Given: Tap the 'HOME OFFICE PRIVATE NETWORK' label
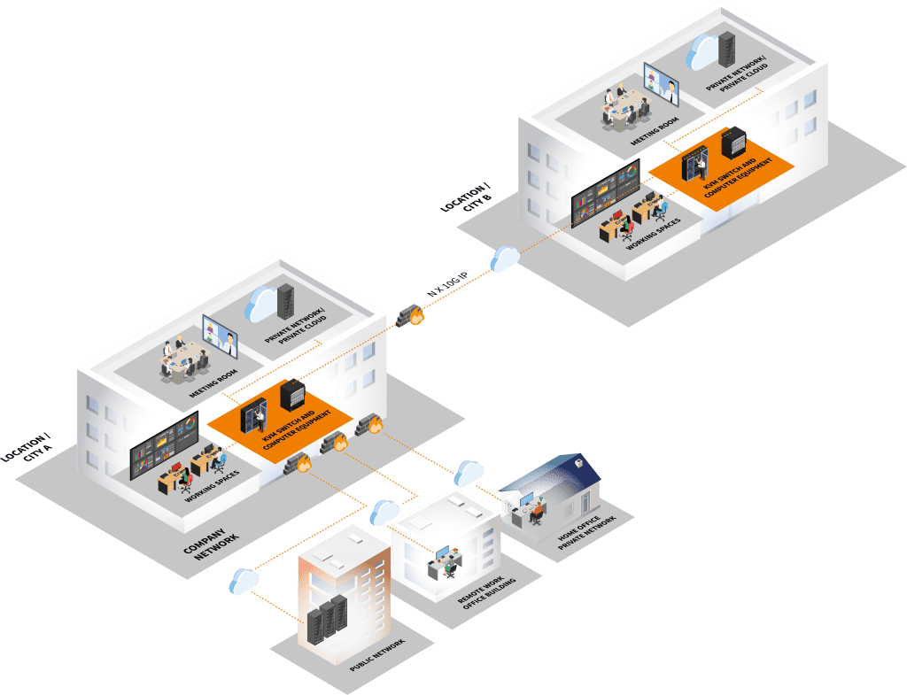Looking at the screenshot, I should [585, 531].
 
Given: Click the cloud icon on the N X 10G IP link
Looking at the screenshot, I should [504, 258].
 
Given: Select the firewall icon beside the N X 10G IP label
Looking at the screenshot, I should [411, 313].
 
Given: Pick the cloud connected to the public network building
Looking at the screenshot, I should [242, 581].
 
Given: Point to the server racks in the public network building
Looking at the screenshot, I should [325, 618].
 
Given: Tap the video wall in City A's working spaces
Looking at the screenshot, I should [164, 448].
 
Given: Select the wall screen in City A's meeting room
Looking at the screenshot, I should [221, 330].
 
